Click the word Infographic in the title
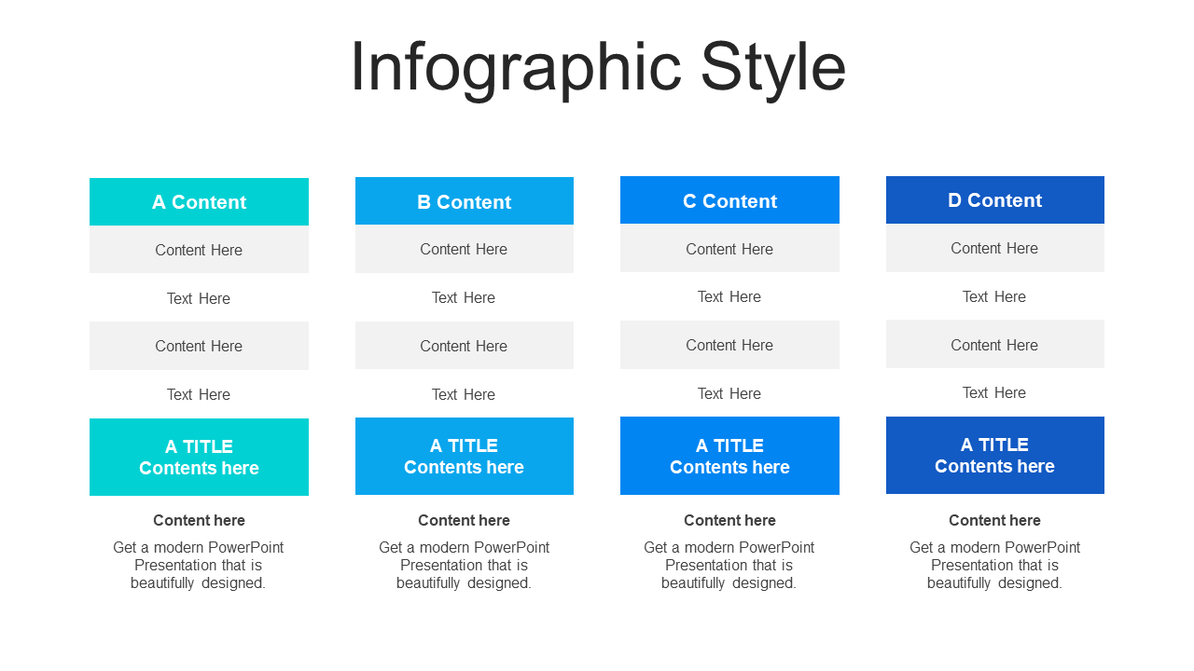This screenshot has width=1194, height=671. click(x=516, y=69)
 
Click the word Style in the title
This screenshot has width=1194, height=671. click(x=773, y=69)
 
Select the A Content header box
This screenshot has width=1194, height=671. click(x=199, y=202)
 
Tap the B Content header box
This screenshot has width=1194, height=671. click(x=465, y=200)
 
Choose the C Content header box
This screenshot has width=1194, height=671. click(x=729, y=200)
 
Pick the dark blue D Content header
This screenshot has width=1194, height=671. click(x=995, y=199)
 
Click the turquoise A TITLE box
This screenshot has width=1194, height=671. click(x=199, y=457)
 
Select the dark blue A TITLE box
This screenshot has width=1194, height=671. click(x=995, y=456)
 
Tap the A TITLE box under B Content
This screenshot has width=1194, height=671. click(x=465, y=456)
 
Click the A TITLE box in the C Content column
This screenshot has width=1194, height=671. click(x=729, y=456)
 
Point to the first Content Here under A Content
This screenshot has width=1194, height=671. click(x=199, y=250)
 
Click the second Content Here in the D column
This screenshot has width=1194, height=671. click(x=994, y=345)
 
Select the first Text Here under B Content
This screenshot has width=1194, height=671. click(x=464, y=297)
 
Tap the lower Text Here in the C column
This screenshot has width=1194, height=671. click(x=729, y=393)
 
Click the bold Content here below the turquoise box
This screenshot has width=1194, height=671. click(x=199, y=520)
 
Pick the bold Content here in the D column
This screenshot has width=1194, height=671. click(x=994, y=520)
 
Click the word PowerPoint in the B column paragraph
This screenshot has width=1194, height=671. click(x=510, y=547)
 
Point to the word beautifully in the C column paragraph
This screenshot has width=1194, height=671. click(x=693, y=583)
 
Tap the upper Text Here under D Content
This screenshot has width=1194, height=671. click(x=994, y=296)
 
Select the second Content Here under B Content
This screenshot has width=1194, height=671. click(x=464, y=346)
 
